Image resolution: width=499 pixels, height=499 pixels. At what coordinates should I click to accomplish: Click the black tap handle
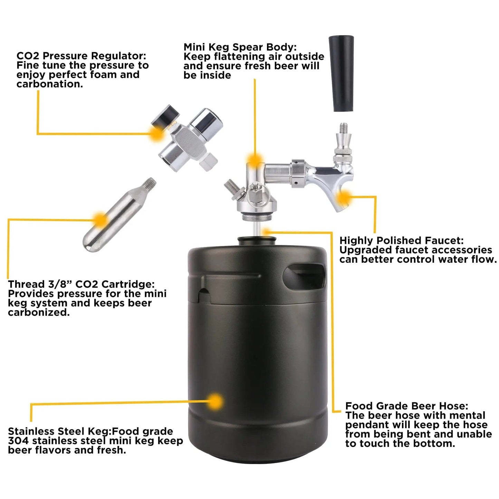click(341, 74)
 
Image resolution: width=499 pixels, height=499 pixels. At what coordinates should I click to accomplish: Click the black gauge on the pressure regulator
click(165, 115)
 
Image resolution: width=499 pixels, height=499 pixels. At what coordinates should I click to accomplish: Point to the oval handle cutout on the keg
click(305, 278)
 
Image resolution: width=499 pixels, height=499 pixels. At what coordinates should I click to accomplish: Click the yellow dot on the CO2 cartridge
click(100, 219)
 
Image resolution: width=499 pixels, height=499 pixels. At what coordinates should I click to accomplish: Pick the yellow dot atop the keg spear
click(255, 159)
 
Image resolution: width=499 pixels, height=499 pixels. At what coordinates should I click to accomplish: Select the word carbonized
click(39, 313)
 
